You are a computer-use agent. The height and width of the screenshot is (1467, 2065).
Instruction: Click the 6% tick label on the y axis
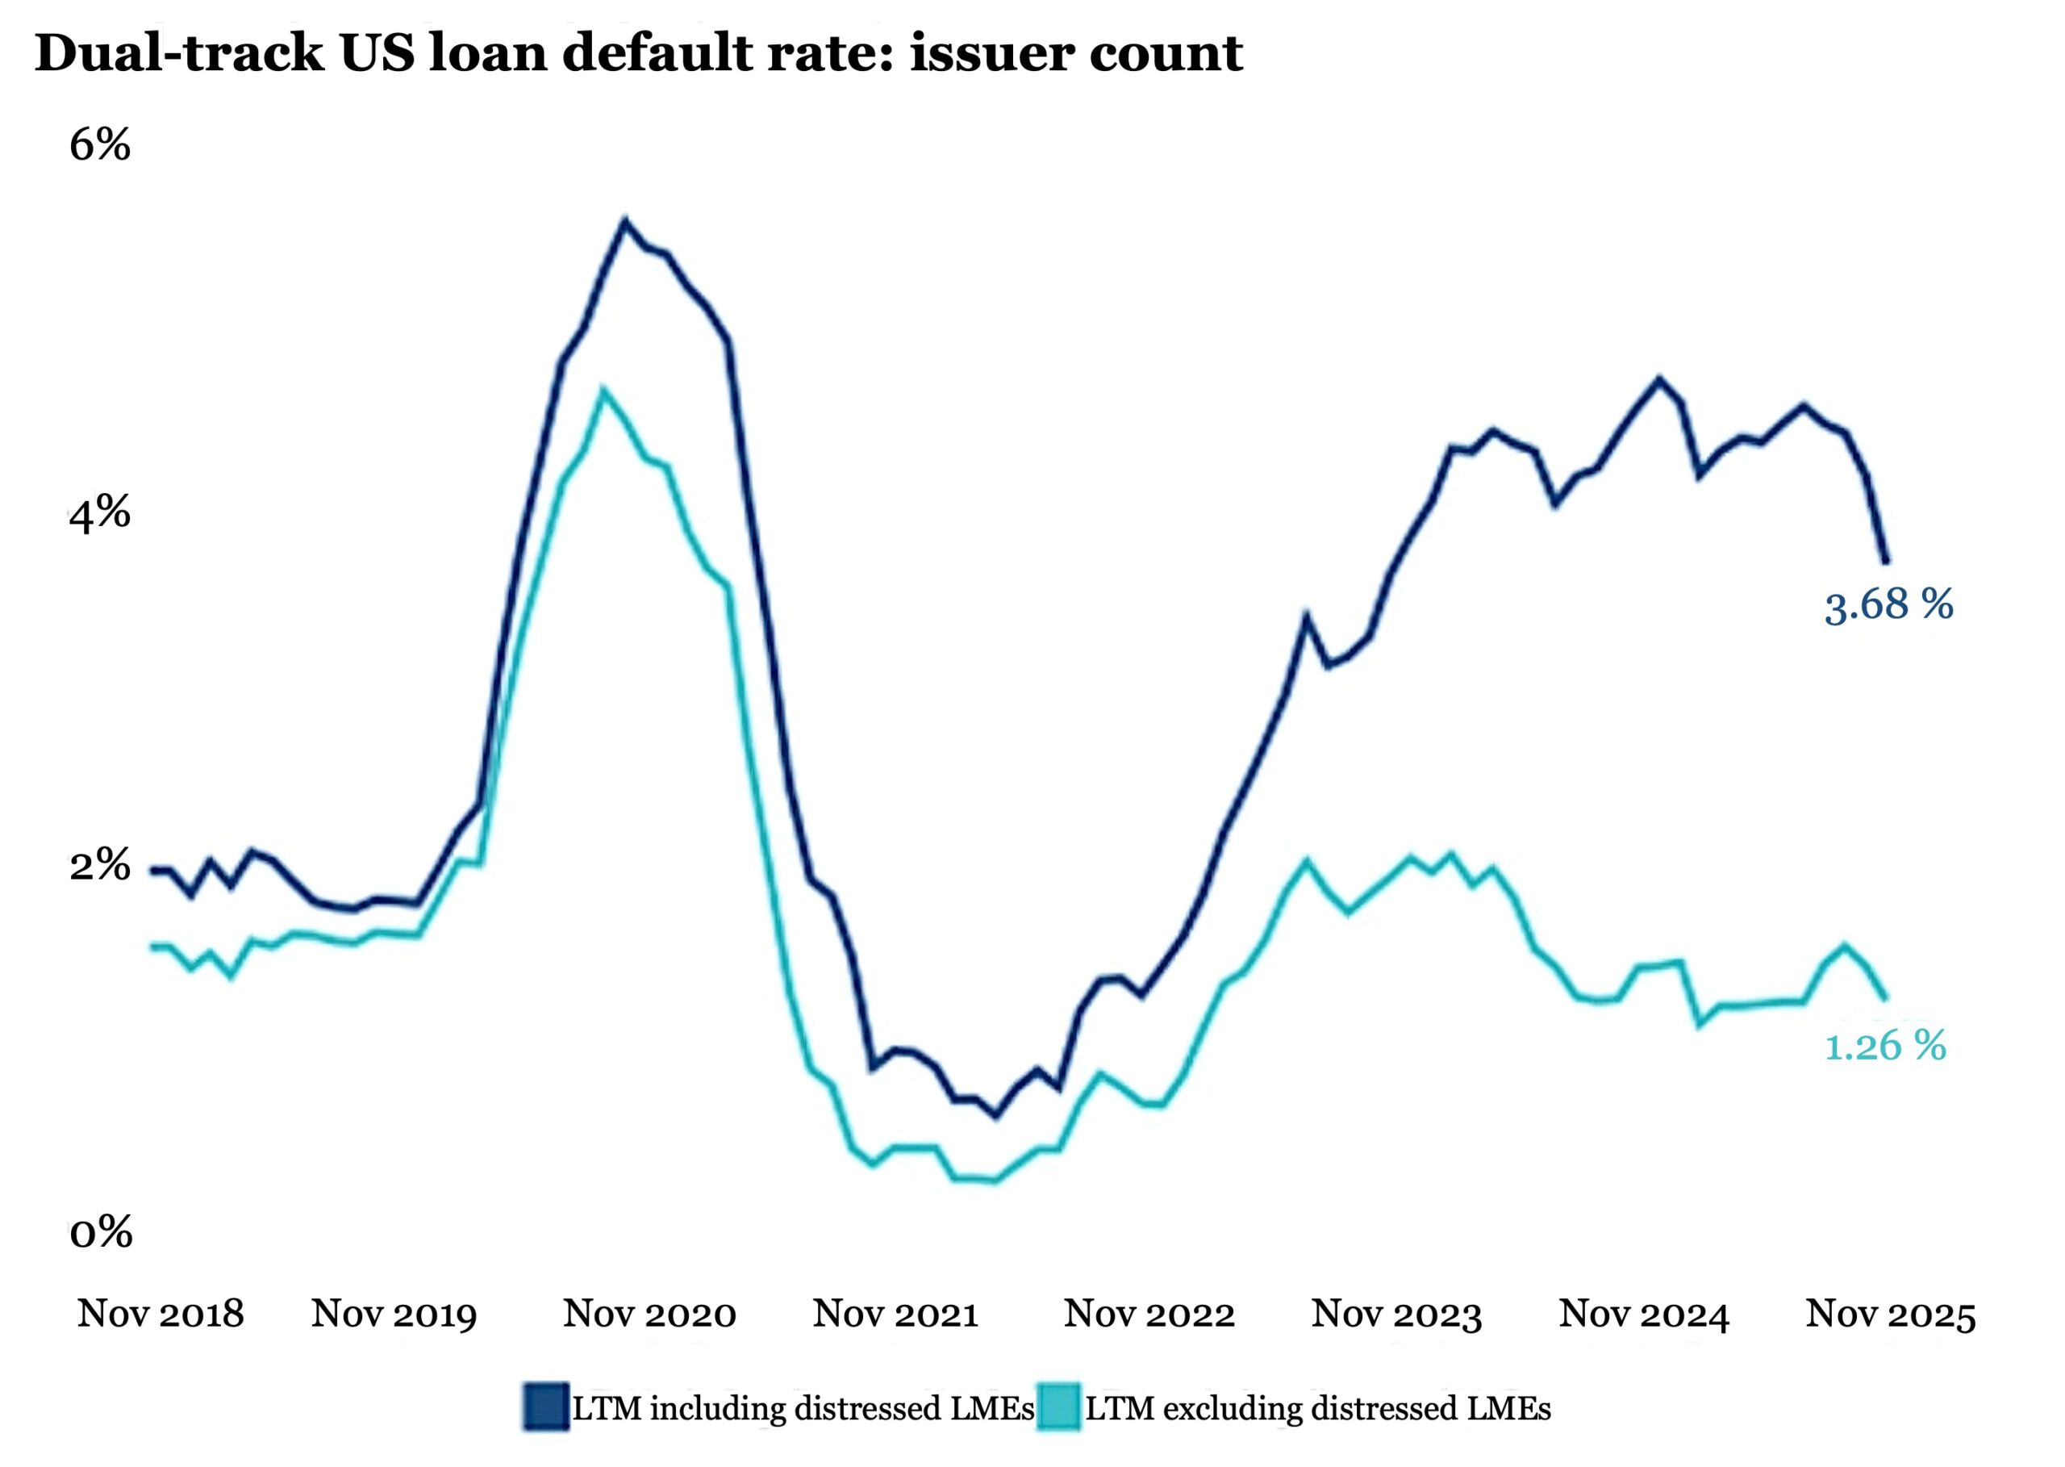99,144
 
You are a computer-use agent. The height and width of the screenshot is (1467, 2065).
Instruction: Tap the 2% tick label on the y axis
99,865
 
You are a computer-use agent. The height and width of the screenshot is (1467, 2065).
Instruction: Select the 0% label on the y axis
100,1232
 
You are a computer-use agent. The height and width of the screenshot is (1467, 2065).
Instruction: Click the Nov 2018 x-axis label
161,1314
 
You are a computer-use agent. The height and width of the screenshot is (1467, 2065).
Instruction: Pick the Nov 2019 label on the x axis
394,1314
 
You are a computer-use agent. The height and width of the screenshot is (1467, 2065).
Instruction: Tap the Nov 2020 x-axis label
649,1314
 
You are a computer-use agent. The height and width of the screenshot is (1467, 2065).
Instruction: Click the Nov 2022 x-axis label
1149,1314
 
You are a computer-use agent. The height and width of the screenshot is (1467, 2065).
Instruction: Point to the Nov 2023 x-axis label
1396,1314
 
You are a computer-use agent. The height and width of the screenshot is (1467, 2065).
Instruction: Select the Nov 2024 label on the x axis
1643,1314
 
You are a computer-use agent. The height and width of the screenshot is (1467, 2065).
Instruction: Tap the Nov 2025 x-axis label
1891,1314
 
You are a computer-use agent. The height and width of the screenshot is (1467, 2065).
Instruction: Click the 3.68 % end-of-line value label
1888,604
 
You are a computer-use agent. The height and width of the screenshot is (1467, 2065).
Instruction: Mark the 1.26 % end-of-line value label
1885,1046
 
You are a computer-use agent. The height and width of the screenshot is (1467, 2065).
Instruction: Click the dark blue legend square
546,1407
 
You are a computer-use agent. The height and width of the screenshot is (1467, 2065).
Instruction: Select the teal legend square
1058,1407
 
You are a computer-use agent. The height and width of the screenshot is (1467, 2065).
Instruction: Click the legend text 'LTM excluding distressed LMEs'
1317,1408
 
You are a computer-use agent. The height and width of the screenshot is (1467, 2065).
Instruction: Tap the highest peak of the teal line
603,391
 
